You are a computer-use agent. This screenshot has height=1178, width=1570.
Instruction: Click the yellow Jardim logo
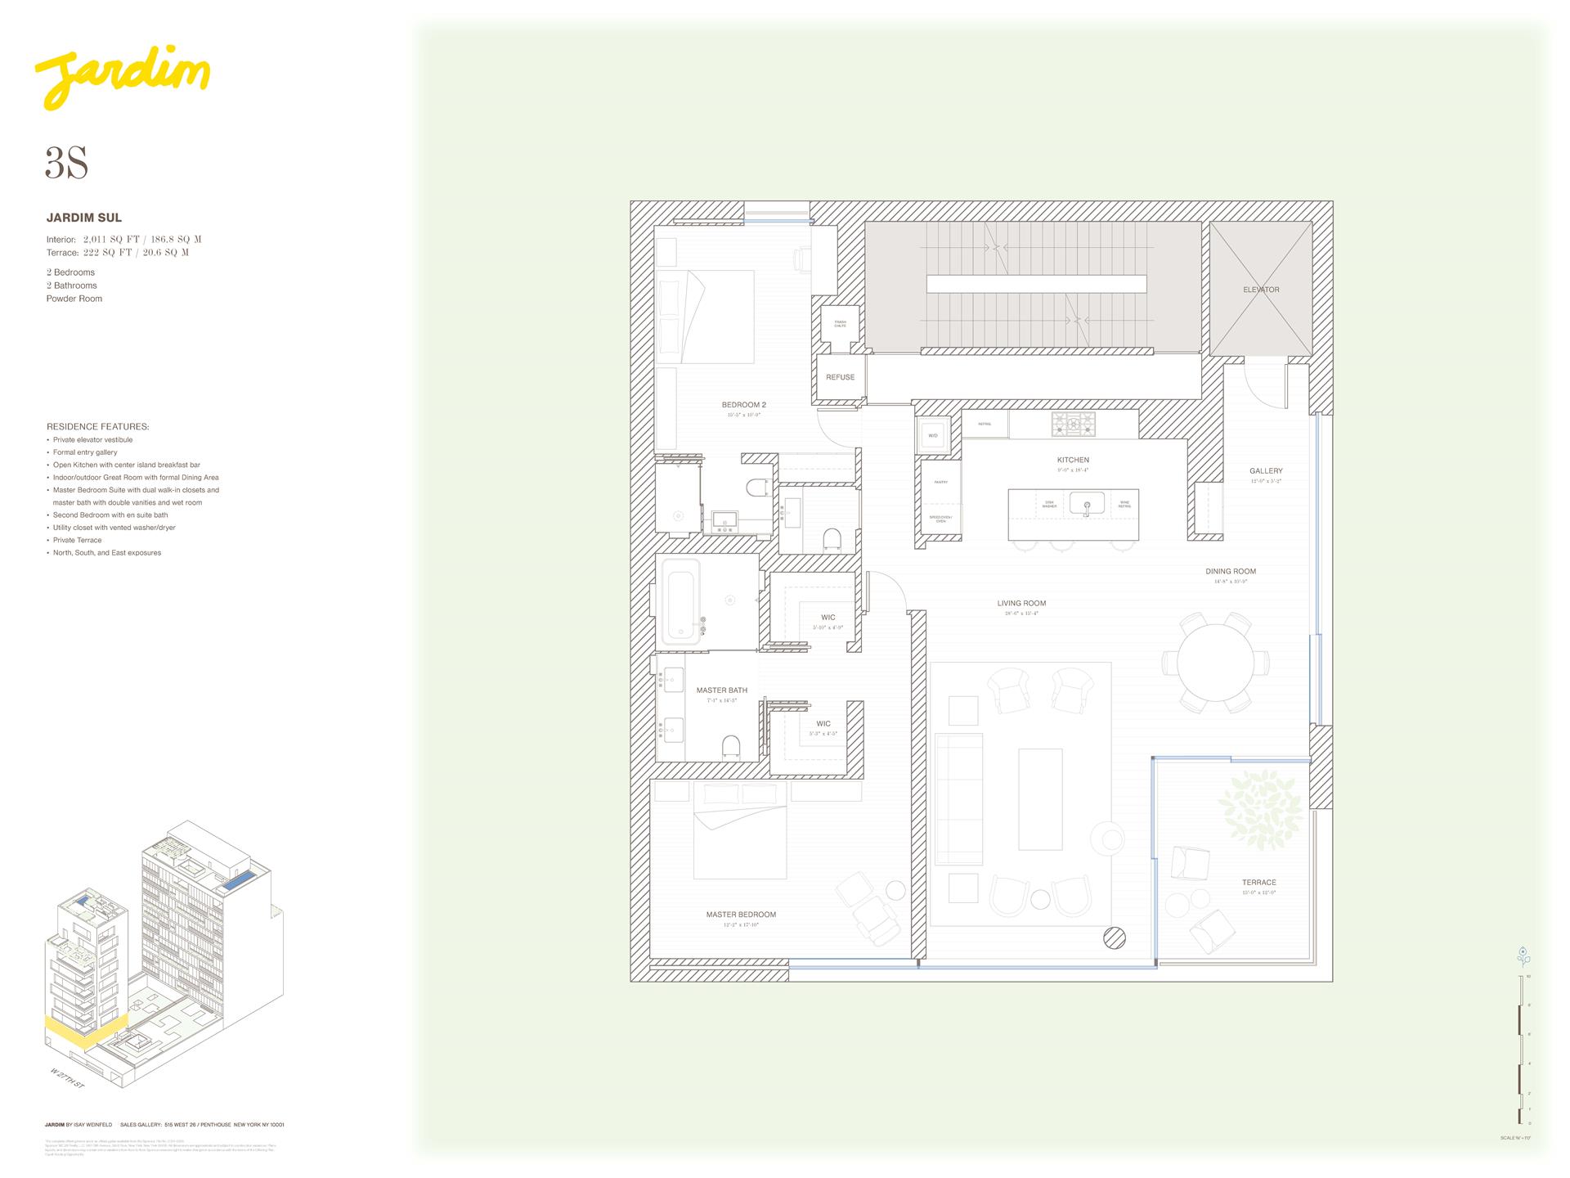[123, 80]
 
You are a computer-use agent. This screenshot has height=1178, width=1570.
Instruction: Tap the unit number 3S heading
[66, 164]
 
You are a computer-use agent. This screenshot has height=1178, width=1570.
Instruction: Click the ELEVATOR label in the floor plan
[1261, 290]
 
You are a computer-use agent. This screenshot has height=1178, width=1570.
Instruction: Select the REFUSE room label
[840, 377]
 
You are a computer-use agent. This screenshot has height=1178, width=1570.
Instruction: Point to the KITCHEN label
[1073, 460]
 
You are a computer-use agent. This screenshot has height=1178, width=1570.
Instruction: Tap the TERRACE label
[1258, 883]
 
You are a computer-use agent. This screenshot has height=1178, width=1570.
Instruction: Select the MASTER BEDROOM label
[741, 915]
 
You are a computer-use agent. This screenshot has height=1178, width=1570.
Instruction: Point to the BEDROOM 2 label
[743, 405]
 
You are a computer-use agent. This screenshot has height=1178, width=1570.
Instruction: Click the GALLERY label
[1266, 471]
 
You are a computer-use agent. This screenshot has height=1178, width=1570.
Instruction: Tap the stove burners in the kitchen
[1073, 423]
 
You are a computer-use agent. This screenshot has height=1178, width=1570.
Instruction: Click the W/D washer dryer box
[933, 435]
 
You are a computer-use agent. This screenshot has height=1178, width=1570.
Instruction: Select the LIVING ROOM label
[1021, 604]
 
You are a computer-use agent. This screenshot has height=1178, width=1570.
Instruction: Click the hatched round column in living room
[1114, 938]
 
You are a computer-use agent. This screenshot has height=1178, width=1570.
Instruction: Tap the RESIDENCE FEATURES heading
[97, 427]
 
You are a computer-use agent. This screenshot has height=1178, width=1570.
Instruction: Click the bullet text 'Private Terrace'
[78, 540]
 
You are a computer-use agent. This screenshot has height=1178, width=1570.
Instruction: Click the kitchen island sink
[1087, 503]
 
